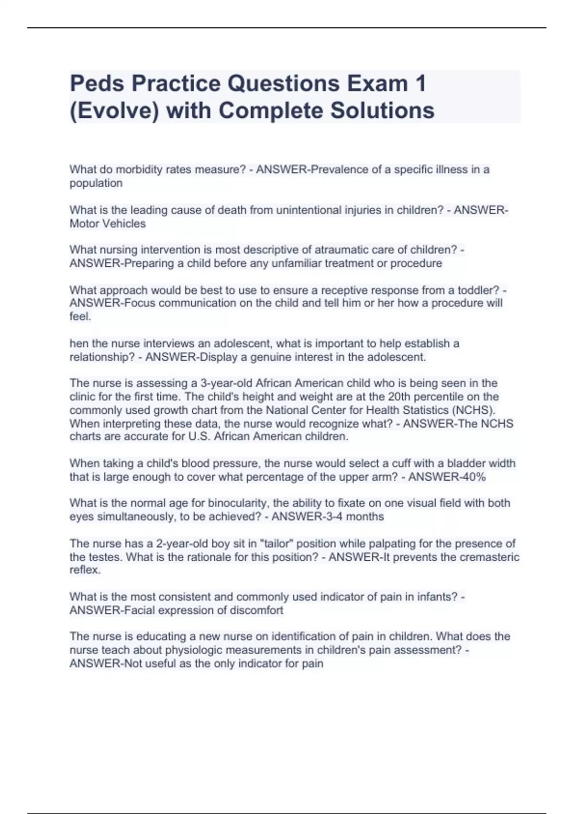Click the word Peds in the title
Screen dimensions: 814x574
(x=97, y=84)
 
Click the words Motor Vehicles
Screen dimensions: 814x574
(x=108, y=224)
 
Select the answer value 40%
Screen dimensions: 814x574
(x=474, y=477)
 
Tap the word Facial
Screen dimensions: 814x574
(x=140, y=610)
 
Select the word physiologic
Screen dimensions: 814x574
(x=191, y=650)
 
